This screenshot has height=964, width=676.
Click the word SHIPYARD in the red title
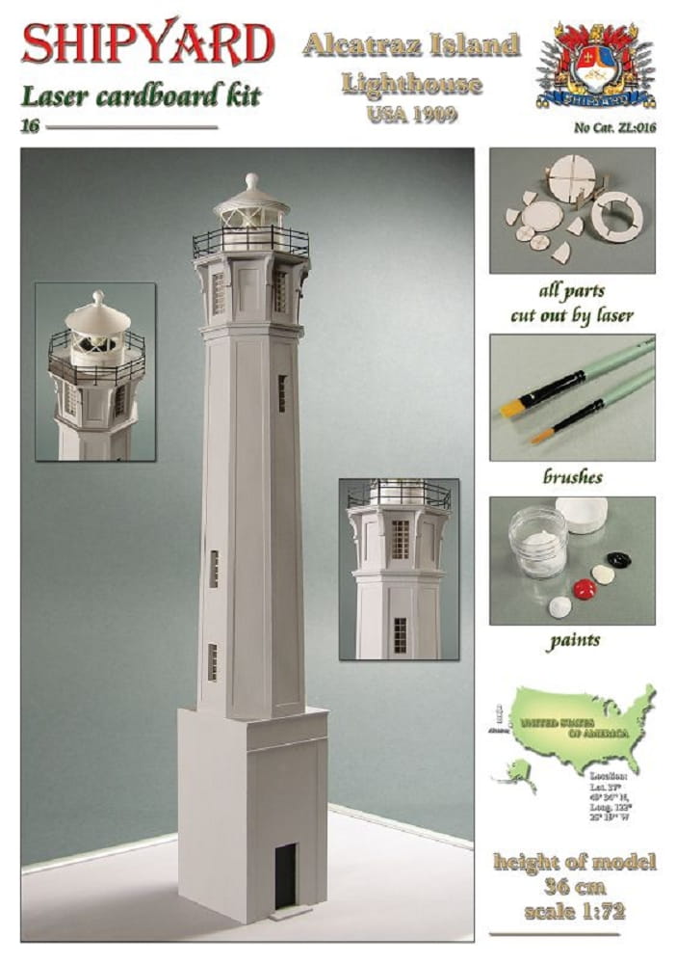pos(148,44)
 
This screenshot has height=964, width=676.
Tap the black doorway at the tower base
pos(285,874)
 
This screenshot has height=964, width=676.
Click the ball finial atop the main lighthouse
pos(251,181)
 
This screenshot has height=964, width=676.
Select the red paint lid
pos(584,588)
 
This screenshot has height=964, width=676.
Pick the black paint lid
pos(616,559)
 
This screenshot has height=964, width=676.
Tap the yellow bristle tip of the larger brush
pos(510,409)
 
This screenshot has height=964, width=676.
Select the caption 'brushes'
pos(572,477)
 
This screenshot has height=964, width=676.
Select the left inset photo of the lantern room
pos(95,371)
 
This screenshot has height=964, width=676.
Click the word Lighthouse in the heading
pos(411,83)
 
